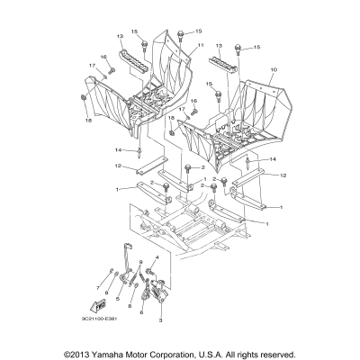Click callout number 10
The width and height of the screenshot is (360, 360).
(273, 67)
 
